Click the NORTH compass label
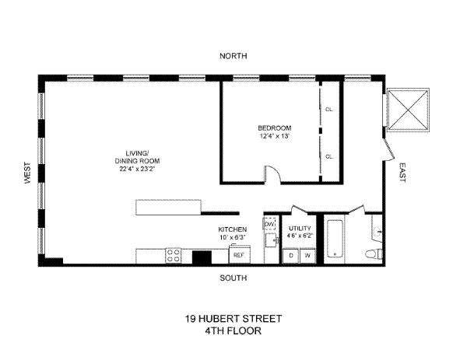pyautogui.click(x=233, y=56)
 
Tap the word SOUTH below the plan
pyautogui.click(x=233, y=278)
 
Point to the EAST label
pyautogui.click(x=402, y=172)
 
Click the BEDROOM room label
pyautogui.click(x=275, y=128)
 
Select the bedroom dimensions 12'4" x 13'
pyautogui.click(x=275, y=136)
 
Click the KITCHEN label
pyautogui.click(x=233, y=229)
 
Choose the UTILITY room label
pyautogui.click(x=300, y=229)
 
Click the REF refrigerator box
pyautogui.click(x=239, y=254)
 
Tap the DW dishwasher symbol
pyautogui.click(x=270, y=225)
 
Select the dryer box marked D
pyautogui.click(x=292, y=255)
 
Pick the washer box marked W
pyautogui.click(x=307, y=255)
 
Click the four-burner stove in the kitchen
pyautogui.click(x=174, y=255)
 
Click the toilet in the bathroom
pyautogui.click(x=374, y=255)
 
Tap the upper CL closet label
pyautogui.click(x=329, y=109)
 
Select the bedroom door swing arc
pyautogui.click(x=272, y=174)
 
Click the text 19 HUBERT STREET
pyautogui.click(x=233, y=319)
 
